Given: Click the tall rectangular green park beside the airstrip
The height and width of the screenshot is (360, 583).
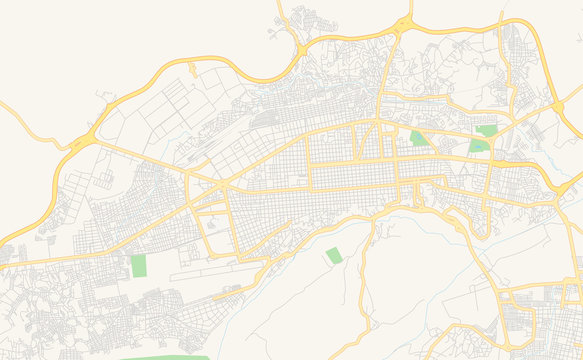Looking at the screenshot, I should [138, 266].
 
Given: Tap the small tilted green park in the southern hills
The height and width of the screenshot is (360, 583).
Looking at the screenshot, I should [332, 256].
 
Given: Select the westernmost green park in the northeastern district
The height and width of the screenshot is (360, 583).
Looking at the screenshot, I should [418, 138].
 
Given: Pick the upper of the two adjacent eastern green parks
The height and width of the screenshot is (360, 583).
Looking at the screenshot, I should [487, 130].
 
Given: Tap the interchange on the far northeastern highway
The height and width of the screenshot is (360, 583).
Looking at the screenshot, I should [558, 104].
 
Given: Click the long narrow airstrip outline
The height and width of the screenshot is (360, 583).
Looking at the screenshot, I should [215, 270].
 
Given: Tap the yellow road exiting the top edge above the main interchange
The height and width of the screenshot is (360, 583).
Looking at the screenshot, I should [411, 10].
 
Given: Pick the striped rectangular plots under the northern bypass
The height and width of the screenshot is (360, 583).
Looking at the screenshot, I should [165, 110].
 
